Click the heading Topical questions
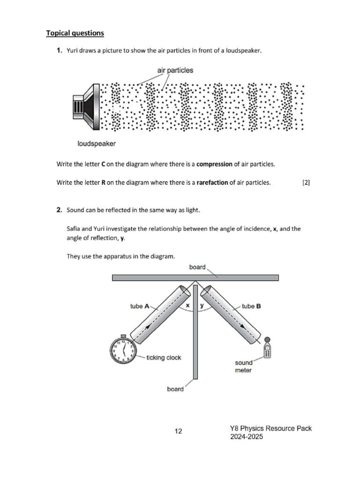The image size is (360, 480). tap(75, 33)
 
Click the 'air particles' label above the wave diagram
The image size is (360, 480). tap(175, 70)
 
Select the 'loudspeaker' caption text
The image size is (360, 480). tap(97, 143)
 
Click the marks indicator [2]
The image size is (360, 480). tap(306, 183)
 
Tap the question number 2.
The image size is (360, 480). tap(60, 210)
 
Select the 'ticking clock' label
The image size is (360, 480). tap(164, 358)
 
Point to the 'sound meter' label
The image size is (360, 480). tap(244, 366)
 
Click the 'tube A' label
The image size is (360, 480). tap(140, 306)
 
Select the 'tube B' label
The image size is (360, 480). tap(252, 306)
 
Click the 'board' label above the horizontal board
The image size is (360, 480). tap(197, 267)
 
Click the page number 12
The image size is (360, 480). tap(179, 431)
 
